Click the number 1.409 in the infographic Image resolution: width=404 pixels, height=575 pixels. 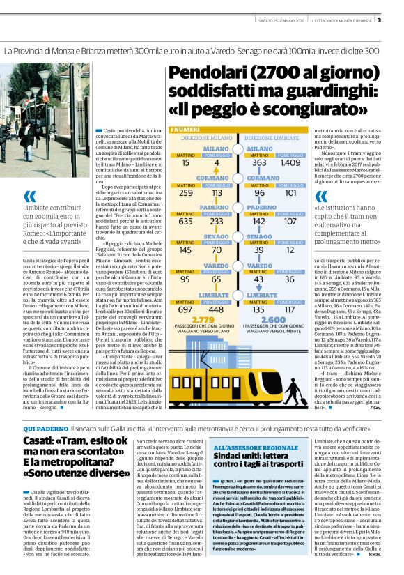pos(290,162)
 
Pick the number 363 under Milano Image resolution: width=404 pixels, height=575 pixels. pos(259,162)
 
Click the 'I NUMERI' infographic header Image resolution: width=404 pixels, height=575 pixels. pos(185,130)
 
